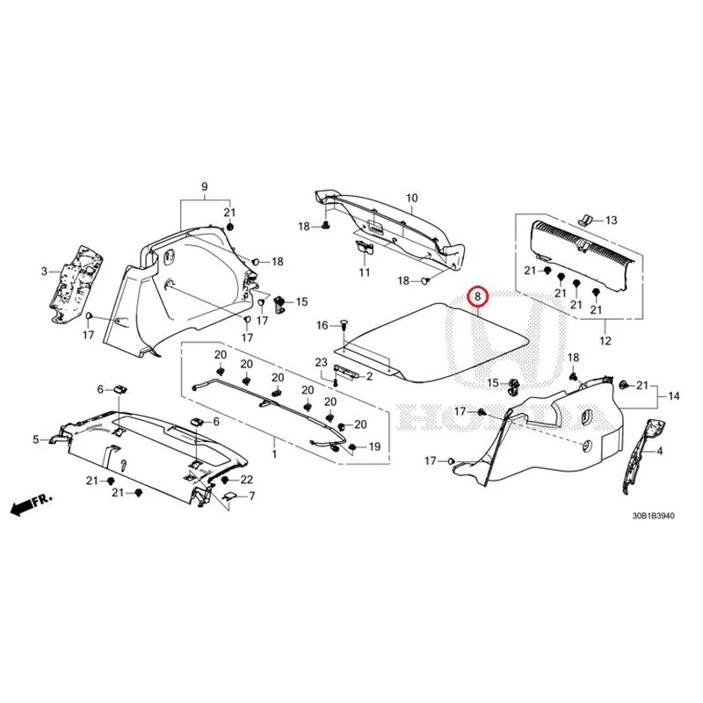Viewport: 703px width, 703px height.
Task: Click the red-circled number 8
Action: [477, 296]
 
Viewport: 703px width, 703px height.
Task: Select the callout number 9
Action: [205, 186]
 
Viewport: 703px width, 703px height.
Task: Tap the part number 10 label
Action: [411, 198]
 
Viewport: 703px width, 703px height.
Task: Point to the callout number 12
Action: [605, 341]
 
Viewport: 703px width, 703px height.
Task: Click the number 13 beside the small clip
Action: [612, 221]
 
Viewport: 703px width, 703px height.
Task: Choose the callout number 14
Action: [673, 396]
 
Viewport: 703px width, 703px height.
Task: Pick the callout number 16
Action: [323, 325]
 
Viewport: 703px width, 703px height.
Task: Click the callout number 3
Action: [44, 272]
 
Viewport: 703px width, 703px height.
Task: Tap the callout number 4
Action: [660, 451]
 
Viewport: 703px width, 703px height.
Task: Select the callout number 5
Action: [36, 439]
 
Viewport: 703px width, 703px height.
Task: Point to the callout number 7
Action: [251, 496]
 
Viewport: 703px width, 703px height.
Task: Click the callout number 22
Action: [247, 480]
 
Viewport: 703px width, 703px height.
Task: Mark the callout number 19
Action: [374, 446]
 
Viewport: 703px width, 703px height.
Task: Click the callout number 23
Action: [322, 362]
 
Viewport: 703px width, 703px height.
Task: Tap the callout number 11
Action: [365, 272]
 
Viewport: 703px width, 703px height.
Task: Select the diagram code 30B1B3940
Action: [653, 516]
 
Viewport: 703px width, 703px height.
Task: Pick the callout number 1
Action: [274, 454]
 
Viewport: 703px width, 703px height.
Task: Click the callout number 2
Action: [369, 376]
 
